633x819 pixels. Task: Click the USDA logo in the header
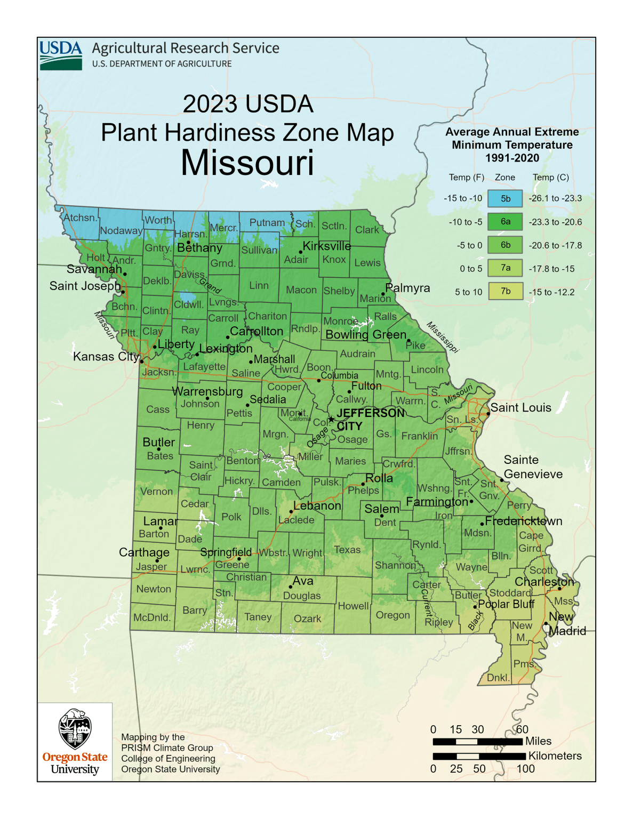click(x=61, y=55)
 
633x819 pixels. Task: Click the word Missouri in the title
click(x=247, y=163)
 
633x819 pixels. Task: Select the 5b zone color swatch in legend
click(x=505, y=198)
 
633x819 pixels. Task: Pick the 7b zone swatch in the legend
click(x=505, y=292)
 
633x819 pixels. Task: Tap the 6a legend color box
click(x=505, y=222)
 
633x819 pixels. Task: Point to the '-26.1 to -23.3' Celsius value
click(x=555, y=198)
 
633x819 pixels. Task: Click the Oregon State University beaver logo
click(x=75, y=729)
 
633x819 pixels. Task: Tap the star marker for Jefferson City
click(x=331, y=420)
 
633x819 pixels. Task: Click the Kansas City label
click(x=106, y=356)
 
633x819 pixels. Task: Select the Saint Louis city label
click(x=520, y=408)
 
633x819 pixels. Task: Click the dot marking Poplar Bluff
click(x=475, y=607)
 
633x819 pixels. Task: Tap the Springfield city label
click(x=226, y=552)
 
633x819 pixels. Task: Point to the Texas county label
click(x=347, y=550)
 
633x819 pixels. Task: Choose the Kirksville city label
click(x=327, y=246)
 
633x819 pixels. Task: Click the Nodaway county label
click(x=121, y=231)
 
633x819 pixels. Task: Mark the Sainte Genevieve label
click(x=533, y=467)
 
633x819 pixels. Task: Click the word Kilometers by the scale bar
click(x=555, y=756)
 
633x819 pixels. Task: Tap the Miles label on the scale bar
click(x=538, y=741)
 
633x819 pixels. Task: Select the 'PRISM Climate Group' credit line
click(x=167, y=748)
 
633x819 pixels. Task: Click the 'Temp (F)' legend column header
click(x=466, y=178)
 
